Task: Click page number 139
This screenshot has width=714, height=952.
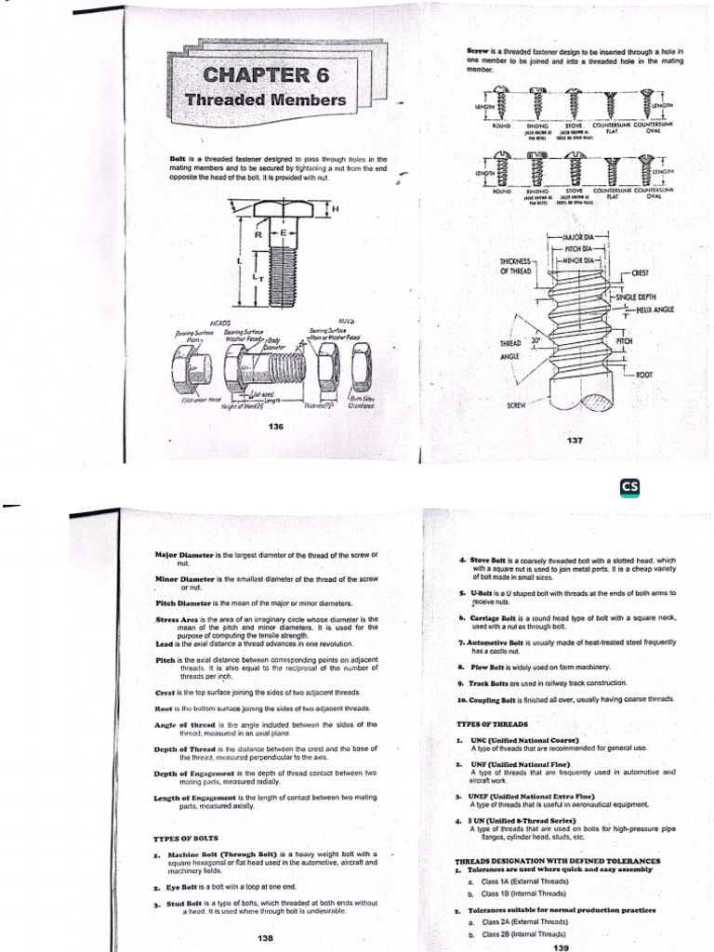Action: pyautogui.click(x=560, y=946)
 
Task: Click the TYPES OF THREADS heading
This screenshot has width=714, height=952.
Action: pyautogui.click(x=492, y=722)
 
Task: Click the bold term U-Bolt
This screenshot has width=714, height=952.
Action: pyautogui.click(x=481, y=593)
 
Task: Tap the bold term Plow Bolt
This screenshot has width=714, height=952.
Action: pyautogui.click(x=483, y=667)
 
